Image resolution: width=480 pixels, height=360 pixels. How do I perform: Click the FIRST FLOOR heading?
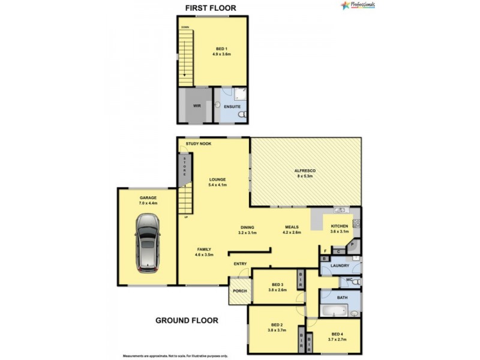210,8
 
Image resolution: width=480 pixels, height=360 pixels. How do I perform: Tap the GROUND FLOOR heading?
187,320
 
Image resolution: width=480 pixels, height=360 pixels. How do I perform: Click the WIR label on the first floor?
196,106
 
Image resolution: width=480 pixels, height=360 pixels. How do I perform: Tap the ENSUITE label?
232,107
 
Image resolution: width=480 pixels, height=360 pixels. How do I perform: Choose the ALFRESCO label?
305,171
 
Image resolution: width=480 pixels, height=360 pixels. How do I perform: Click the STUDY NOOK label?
198,144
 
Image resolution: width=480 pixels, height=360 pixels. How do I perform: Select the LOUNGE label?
217,179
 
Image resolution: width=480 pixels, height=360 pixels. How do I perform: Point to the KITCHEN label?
340,226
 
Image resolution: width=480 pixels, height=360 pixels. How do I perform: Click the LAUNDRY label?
340,265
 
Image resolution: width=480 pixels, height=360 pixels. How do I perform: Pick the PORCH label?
240,291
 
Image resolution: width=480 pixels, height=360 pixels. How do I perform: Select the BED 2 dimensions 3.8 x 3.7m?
277,330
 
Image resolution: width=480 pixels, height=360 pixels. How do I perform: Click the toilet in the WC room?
356,281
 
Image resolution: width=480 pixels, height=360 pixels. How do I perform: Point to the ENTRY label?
240,263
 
